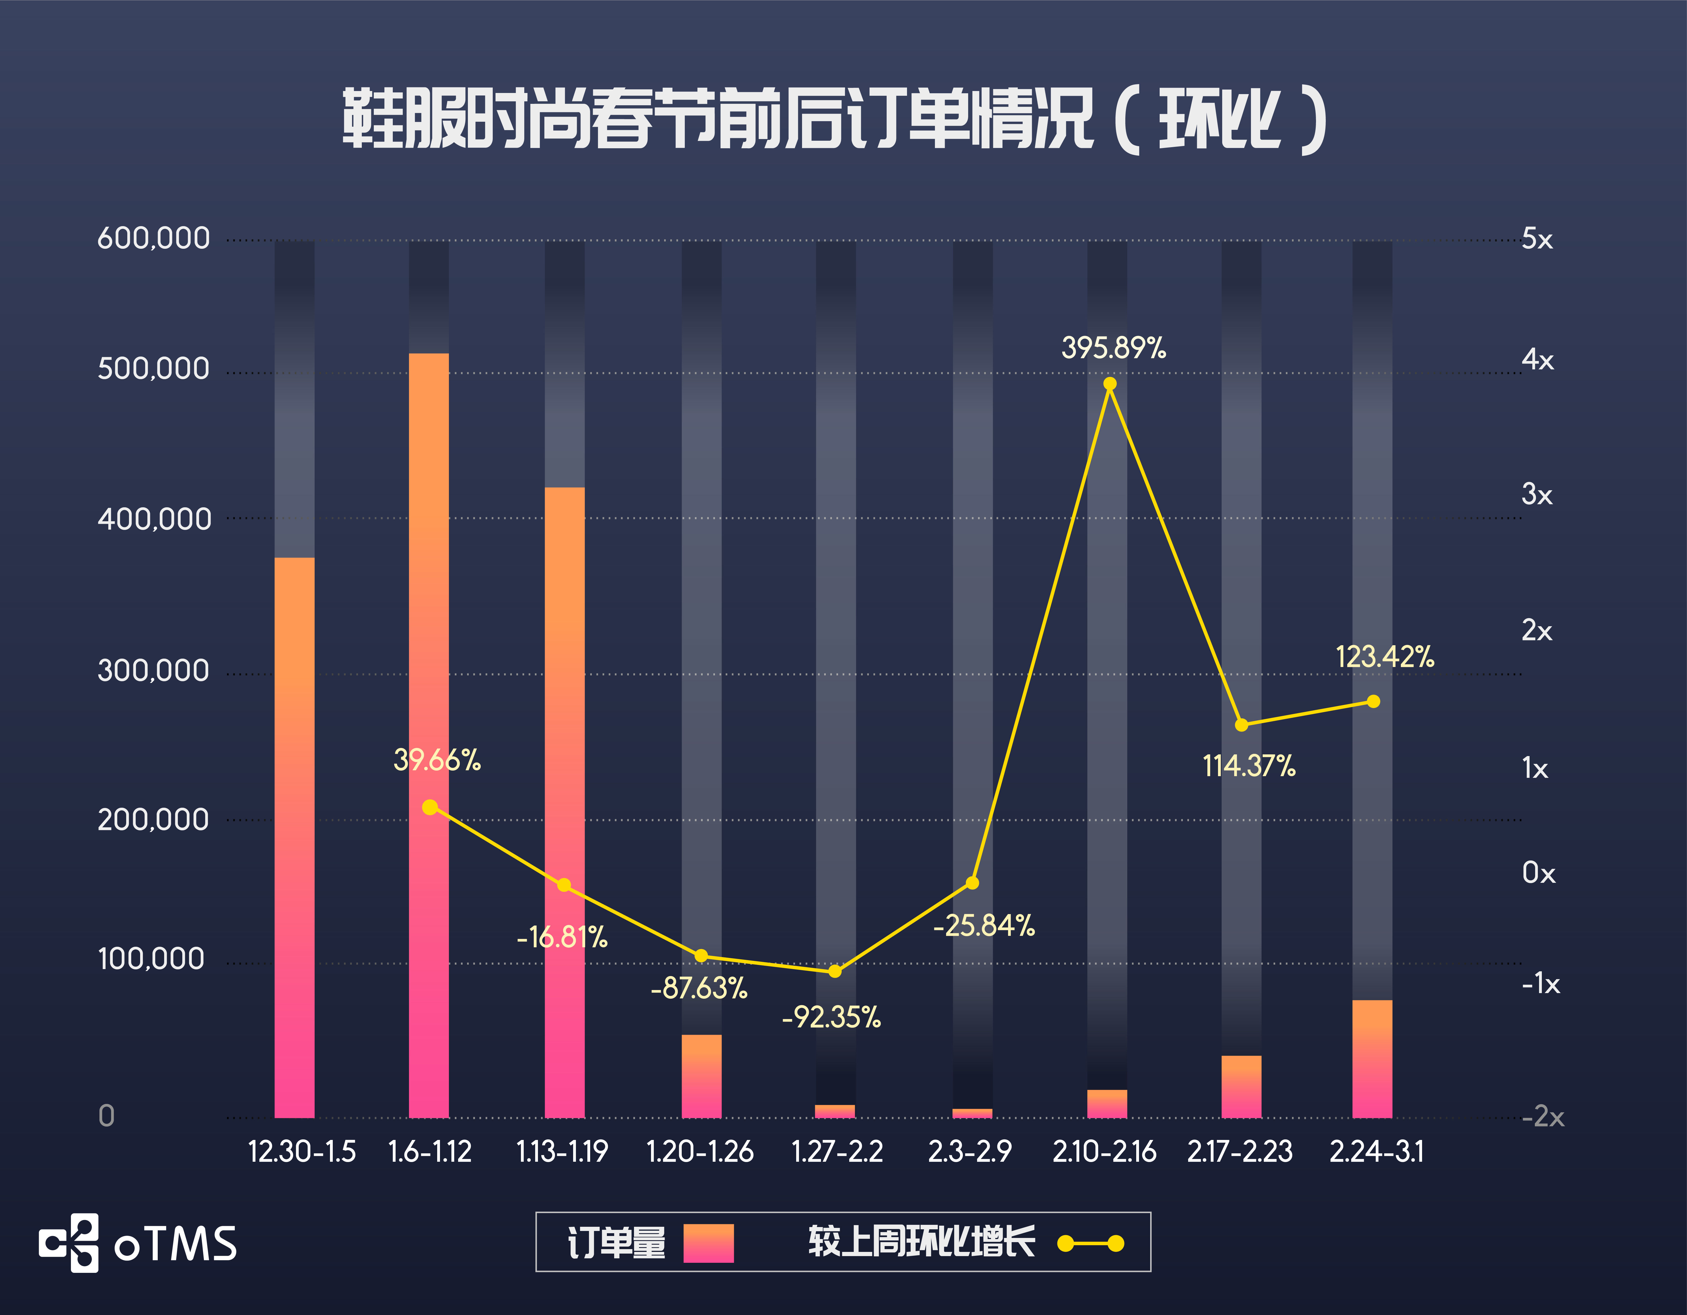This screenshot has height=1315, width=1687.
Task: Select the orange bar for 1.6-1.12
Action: pyautogui.click(x=429, y=734)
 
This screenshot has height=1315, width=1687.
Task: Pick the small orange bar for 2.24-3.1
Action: pyautogui.click(x=1372, y=1058)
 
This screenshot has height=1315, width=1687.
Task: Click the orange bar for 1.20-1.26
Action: pyautogui.click(x=701, y=1075)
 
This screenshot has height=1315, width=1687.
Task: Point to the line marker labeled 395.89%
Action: pyautogui.click(x=1109, y=384)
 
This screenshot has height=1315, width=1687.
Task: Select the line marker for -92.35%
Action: pyautogui.click(x=835, y=971)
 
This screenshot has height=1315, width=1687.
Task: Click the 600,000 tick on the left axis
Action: pyautogui.click(x=153, y=238)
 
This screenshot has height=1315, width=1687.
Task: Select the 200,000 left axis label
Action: pyautogui.click(x=153, y=819)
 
